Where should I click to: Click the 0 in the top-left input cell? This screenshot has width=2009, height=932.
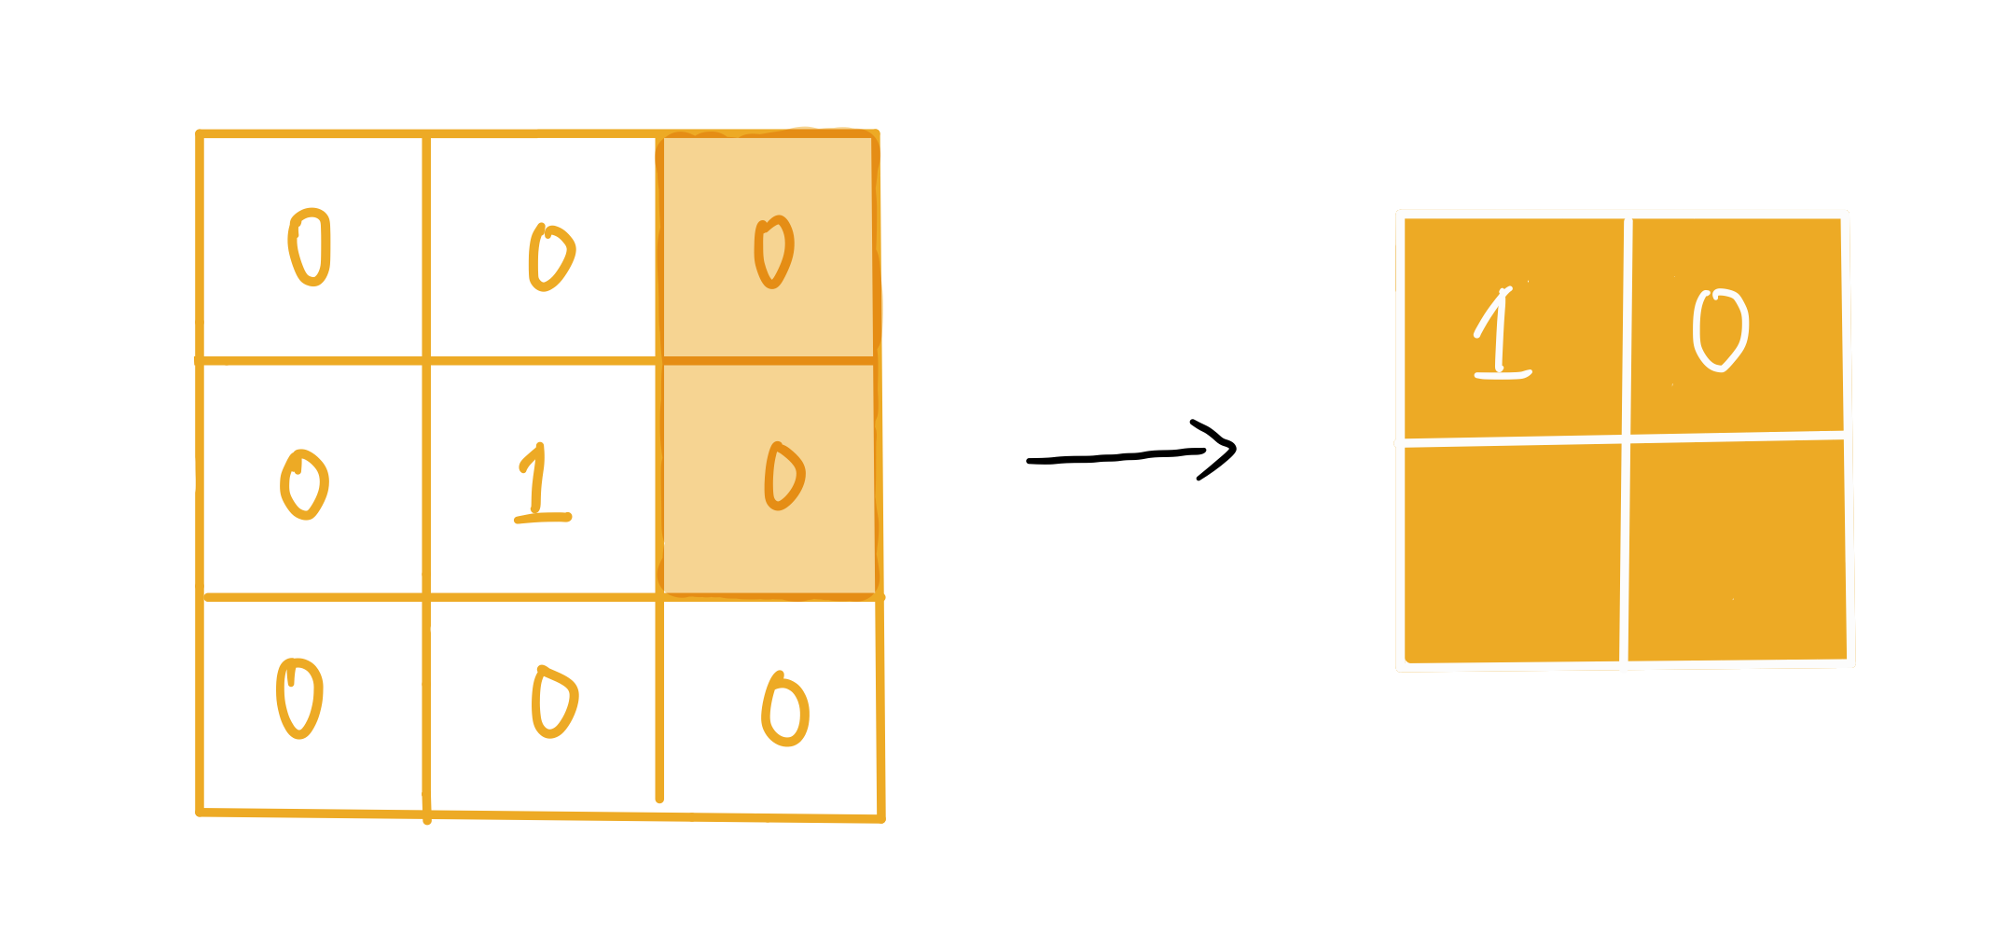tap(310, 247)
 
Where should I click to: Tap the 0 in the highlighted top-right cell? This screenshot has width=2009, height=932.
tap(773, 252)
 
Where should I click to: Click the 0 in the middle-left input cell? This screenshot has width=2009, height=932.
tap(304, 485)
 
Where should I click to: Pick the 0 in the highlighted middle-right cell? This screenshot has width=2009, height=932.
tap(783, 477)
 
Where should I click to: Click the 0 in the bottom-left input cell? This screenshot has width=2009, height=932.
tap(299, 699)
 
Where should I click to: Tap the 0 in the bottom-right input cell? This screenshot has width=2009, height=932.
tap(785, 711)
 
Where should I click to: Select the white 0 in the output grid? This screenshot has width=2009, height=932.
tap(1720, 331)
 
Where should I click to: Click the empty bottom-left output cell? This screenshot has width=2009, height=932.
tap(1512, 552)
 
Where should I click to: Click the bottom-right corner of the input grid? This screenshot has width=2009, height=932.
tap(881, 819)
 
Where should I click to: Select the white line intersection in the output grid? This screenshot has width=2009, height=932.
tap(1626, 437)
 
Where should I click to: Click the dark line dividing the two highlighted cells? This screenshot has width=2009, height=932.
tap(769, 360)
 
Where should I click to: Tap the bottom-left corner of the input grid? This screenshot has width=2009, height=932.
tap(200, 812)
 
